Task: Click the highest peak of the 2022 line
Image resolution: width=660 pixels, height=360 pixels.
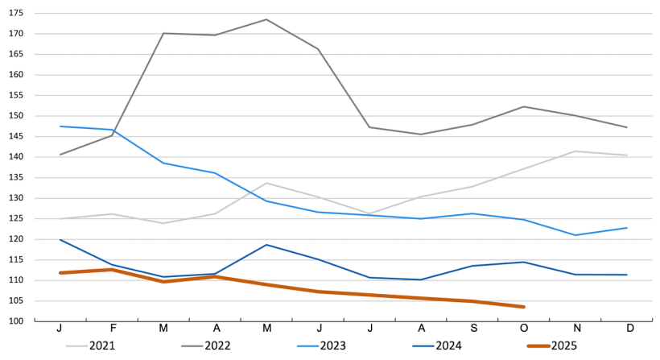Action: coord(266,19)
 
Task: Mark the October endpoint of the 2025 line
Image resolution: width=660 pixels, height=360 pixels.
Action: coord(524,307)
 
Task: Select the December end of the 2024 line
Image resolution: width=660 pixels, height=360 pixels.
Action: coord(627,275)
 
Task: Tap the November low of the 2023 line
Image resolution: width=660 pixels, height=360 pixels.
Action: coord(575,235)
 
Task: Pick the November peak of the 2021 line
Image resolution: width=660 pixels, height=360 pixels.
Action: coord(575,151)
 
